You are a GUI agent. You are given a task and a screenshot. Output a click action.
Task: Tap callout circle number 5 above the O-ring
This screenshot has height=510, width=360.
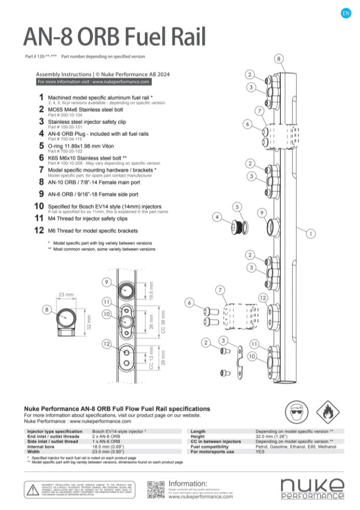coord(237,207)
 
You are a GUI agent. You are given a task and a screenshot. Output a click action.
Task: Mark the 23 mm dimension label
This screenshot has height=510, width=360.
coord(66,294)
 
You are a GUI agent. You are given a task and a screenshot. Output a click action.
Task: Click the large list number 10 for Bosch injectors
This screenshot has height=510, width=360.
coord(39,206)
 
